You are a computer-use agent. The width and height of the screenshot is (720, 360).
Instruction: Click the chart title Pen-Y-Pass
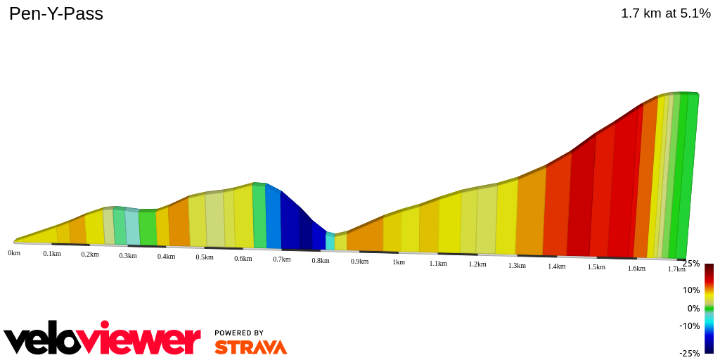[x=56, y=13]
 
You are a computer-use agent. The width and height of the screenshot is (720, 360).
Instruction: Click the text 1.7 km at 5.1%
[x=665, y=13]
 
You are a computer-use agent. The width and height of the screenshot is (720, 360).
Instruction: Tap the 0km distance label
[x=14, y=252]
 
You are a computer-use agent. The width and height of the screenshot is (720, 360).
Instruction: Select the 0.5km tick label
[x=205, y=257]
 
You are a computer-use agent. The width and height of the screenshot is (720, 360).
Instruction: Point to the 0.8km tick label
[x=321, y=260]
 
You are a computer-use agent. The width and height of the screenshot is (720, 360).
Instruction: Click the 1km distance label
[x=399, y=262]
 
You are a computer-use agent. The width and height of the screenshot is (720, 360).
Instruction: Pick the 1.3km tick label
[x=517, y=266]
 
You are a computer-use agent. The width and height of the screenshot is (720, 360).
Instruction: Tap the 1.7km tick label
[x=676, y=269]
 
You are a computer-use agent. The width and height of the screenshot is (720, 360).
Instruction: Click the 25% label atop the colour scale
[x=690, y=264]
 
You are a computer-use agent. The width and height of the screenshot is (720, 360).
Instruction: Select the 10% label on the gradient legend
[x=690, y=290]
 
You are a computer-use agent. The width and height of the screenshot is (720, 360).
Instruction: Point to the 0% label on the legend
[x=693, y=308]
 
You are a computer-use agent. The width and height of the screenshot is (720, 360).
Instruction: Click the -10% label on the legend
[x=689, y=326]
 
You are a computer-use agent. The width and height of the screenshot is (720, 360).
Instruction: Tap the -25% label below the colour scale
[x=689, y=353]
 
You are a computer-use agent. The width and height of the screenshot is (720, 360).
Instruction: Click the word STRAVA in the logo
[x=250, y=347]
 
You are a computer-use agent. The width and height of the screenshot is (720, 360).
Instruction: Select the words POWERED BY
[x=239, y=333]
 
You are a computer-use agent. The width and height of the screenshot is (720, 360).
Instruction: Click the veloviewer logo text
[x=102, y=340]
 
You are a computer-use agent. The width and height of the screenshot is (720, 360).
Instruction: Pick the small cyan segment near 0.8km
[x=330, y=241]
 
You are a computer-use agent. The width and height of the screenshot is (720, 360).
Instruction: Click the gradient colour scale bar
[x=709, y=308]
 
